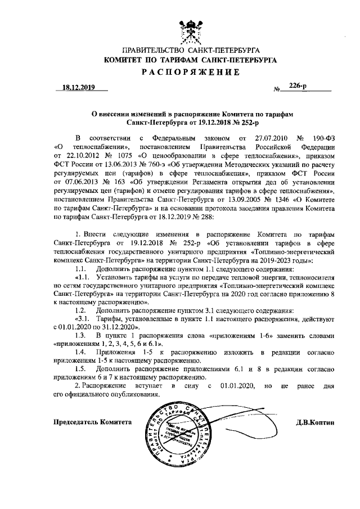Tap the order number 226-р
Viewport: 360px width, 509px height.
[x=298, y=85]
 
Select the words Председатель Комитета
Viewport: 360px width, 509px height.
[x=92, y=421]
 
